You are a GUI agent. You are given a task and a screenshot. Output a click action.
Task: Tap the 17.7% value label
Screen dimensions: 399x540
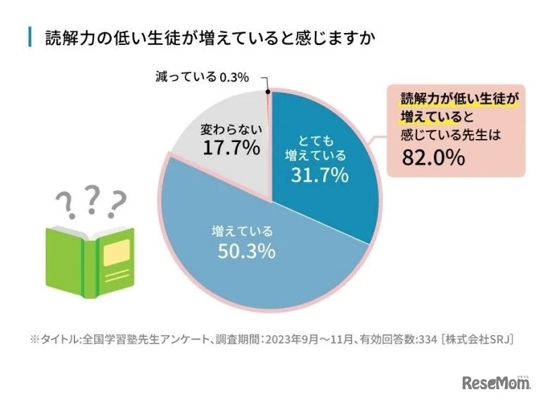[231, 148]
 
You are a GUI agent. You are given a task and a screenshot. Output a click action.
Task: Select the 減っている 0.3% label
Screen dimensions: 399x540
[202, 77]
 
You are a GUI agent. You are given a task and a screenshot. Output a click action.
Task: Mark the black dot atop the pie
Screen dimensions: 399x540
[269, 91]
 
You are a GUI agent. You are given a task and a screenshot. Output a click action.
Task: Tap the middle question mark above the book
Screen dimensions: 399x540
[92, 199]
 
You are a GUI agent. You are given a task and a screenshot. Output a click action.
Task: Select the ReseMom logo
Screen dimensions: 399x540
[496, 383]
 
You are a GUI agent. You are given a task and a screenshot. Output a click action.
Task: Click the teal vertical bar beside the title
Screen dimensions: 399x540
[30, 37]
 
